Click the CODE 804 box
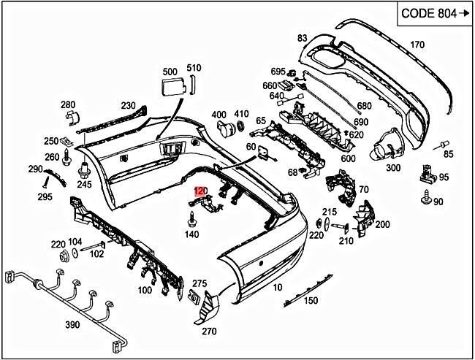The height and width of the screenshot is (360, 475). click(432, 14)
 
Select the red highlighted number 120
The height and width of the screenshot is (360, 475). click(201, 191)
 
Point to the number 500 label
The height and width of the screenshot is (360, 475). click(170, 72)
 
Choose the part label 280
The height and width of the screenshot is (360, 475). click(67, 104)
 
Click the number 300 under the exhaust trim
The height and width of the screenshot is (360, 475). click(393, 168)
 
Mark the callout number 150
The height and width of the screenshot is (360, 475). click(311, 300)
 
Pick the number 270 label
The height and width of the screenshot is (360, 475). click(209, 332)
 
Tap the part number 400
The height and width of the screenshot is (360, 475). click(218, 115)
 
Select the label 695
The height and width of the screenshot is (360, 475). click(278, 72)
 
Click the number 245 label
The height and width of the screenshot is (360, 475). click(85, 184)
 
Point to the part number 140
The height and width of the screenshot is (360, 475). click(191, 234)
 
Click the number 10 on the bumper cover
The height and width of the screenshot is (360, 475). click(277, 288)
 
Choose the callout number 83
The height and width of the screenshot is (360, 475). click(303, 38)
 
